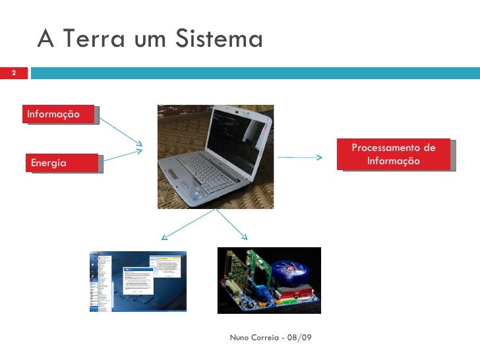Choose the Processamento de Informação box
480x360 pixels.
394,154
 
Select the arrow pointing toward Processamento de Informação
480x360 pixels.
300,158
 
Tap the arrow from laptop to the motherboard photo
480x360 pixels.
231,225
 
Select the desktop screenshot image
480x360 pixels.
138,280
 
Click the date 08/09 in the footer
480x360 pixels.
300,338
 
